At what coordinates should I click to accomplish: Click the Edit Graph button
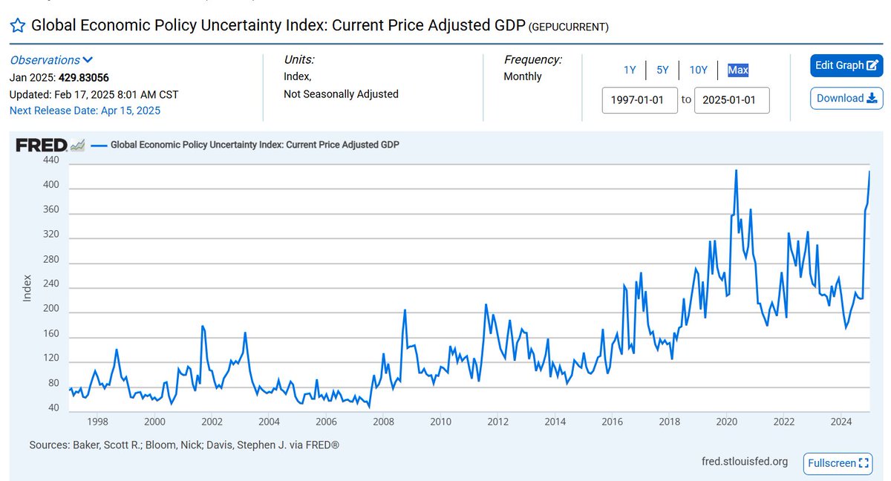tap(846, 65)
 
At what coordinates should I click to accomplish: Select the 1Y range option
tap(629, 70)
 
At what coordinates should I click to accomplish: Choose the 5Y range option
tap(662, 70)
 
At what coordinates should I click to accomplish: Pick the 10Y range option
tap(698, 70)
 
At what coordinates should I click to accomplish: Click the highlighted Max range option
tap(738, 70)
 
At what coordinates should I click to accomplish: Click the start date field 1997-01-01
tap(639, 99)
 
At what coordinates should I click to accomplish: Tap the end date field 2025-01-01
tap(731, 99)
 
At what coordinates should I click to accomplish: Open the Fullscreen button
tap(838, 463)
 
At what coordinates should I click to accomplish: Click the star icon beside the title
tap(17, 26)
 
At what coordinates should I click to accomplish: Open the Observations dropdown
tap(51, 60)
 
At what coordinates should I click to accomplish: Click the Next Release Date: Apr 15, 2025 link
tap(85, 111)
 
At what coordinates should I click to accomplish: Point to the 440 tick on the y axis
tap(51, 160)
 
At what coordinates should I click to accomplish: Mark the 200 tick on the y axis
tap(51, 310)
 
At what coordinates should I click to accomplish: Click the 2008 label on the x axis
tap(383, 422)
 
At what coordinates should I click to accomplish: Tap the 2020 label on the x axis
tap(727, 422)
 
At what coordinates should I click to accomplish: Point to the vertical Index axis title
tap(27, 288)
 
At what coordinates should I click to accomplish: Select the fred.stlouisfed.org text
tap(745, 462)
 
